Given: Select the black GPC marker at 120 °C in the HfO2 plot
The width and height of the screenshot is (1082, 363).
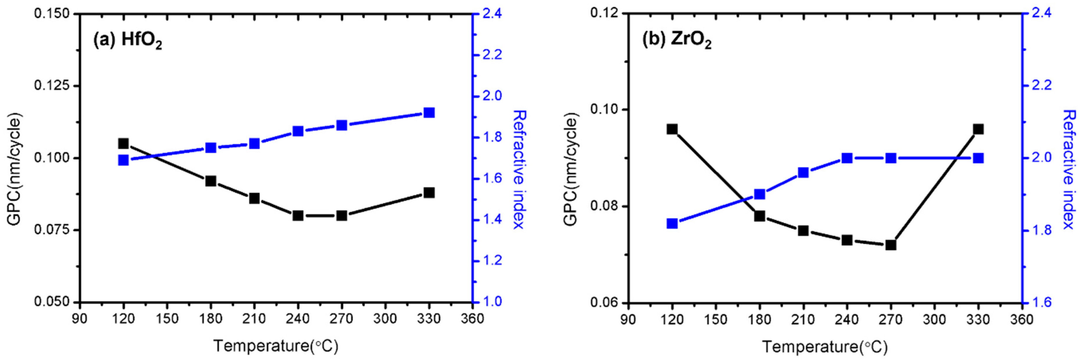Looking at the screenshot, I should click(x=124, y=144).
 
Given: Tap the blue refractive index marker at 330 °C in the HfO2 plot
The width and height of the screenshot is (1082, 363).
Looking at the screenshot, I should click(x=429, y=113).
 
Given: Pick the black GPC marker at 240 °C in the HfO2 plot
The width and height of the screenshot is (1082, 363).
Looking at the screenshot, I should click(x=298, y=215).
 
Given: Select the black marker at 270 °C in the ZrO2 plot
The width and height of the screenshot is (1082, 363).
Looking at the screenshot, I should click(x=891, y=245).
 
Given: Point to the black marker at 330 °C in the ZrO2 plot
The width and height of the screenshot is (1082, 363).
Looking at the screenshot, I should click(x=978, y=129).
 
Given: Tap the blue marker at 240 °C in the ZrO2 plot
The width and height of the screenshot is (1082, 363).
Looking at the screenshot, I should click(x=847, y=158).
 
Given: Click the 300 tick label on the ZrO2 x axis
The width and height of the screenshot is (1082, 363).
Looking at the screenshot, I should click(x=935, y=319).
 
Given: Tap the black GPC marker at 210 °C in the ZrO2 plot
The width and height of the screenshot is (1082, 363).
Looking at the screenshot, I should click(x=803, y=231).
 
